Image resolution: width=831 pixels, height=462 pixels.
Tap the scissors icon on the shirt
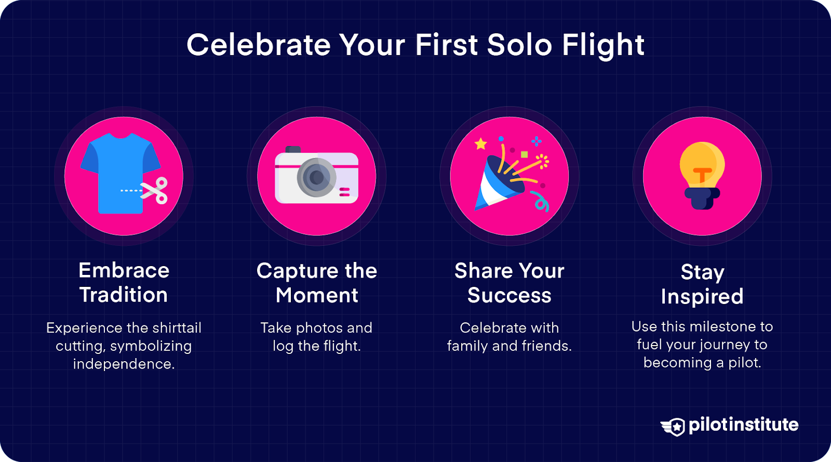(155, 191)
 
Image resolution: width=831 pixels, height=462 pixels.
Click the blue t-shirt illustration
(120, 172)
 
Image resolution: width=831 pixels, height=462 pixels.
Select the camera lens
(316, 178)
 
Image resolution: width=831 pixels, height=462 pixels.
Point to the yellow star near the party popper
(481, 143)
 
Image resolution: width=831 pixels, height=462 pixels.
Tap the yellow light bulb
(702, 164)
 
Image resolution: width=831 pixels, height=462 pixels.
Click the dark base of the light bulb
(702, 198)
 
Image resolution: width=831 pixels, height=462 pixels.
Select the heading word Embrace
(124, 271)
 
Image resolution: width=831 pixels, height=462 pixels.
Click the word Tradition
(124, 295)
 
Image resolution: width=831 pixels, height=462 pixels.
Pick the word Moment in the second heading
(317, 296)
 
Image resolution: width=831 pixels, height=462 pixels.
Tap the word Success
(509, 296)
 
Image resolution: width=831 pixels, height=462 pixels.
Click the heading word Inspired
(702, 297)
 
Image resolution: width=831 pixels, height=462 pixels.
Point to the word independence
(124, 364)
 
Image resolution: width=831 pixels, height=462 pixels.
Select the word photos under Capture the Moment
(319, 328)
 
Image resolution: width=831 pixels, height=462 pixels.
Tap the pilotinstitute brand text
(743, 425)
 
